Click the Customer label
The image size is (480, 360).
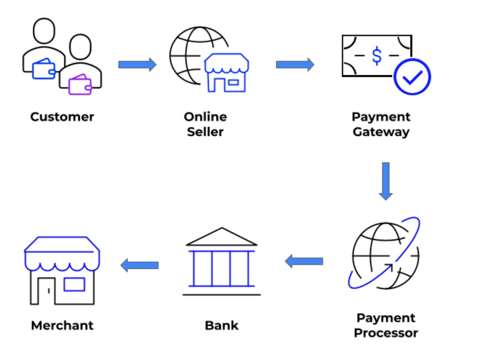[62, 117]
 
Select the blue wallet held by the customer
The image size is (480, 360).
[44, 69]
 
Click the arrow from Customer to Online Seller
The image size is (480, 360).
[137, 65]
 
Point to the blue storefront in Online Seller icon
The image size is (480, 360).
[227, 73]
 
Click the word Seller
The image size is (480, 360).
[205, 132]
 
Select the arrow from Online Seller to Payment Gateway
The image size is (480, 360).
[295, 65]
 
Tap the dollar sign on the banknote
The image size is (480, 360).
[377, 56]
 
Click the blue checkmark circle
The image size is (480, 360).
[412, 77]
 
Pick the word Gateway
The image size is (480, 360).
[381, 132]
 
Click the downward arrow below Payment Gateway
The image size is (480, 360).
[386, 181]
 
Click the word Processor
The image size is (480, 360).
[386, 333]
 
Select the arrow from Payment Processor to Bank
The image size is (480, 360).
[304, 261]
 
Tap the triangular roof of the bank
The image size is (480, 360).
[222, 237]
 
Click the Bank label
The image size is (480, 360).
[222, 325]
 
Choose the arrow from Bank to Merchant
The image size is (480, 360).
[140, 265]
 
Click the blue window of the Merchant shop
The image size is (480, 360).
[74, 284]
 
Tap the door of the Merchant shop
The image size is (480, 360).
[46, 291]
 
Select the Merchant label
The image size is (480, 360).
[62, 325]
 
